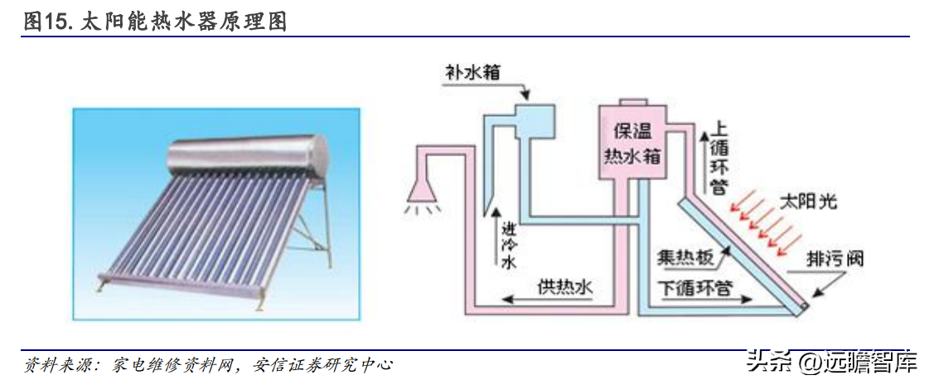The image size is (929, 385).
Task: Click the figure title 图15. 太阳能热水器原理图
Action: (x=156, y=22)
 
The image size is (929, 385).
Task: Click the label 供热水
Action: (x=565, y=287)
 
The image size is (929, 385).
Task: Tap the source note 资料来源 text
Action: (x=207, y=364)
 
